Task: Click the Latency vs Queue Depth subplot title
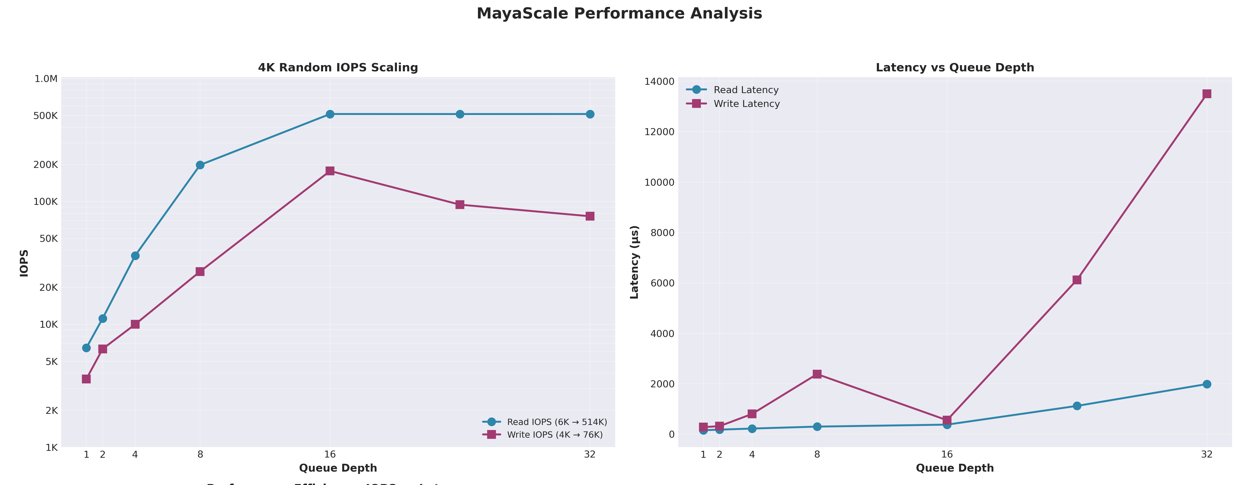pos(955,67)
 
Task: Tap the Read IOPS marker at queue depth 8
pos(200,165)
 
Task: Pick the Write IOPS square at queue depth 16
pos(330,171)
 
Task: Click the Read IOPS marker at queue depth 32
pos(590,114)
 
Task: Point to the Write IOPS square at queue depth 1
pos(86,379)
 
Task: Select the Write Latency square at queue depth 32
pos(1207,94)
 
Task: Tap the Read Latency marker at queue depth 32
pos(1207,384)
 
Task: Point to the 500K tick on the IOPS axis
pos(45,116)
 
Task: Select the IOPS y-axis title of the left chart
pos(24,263)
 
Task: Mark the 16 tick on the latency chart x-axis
pos(947,454)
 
